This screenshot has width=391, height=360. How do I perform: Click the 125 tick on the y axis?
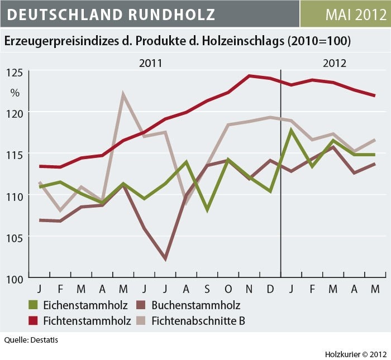(x=15, y=71)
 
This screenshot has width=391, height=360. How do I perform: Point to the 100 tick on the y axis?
(x=15, y=278)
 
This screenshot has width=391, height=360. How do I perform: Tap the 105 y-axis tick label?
(x=15, y=237)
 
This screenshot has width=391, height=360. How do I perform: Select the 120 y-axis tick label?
(x=15, y=112)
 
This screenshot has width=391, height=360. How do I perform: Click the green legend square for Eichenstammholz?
(x=34, y=305)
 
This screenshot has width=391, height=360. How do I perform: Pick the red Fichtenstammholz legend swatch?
(x=34, y=321)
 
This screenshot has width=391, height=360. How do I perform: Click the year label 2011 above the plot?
(x=150, y=63)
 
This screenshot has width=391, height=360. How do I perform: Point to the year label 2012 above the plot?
(x=334, y=63)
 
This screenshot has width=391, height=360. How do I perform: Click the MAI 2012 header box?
(x=345, y=14)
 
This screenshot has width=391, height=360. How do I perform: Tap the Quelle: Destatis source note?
(x=31, y=339)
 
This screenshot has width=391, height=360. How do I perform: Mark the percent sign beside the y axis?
(x=15, y=92)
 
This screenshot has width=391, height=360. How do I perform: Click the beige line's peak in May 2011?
(x=123, y=94)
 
